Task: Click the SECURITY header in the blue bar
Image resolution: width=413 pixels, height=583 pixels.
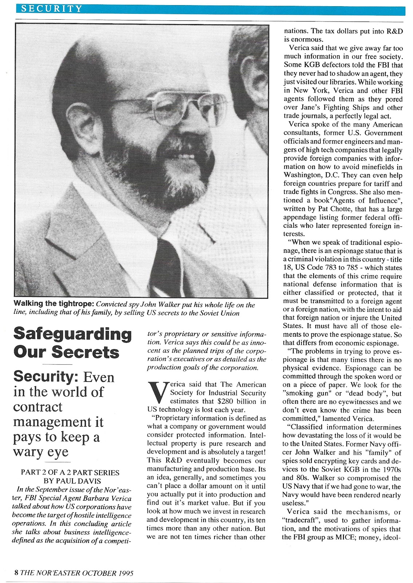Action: pyautogui.click(x=51, y=8)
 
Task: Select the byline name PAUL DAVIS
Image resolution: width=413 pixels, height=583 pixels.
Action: pyautogui.click(x=78, y=481)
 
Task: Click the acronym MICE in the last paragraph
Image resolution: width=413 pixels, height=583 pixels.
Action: pyautogui.click(x=338, y=537)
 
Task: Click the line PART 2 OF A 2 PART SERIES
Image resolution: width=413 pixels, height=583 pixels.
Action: pyautogui.click(x=70, y=473)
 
